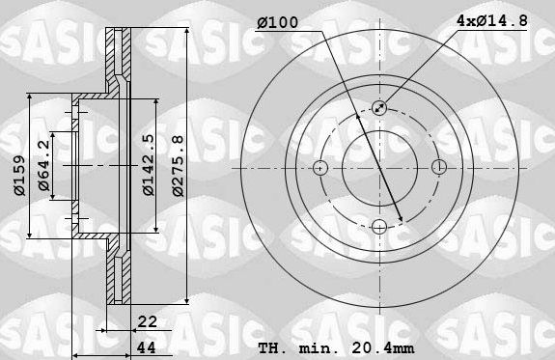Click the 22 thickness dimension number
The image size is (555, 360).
pyautogui.click(x=148, y=323)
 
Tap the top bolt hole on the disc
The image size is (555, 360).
pyautogui.click(x=378, y=109)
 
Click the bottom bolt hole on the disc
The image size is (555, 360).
pyautogui.click(x=378, y=227)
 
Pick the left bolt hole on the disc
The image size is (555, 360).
pyautogui.click(x=320, y=168)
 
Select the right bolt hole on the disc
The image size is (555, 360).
pyautogui.click(x=437, y=168)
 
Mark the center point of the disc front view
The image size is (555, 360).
pyautogui.click(x=378, y=168)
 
